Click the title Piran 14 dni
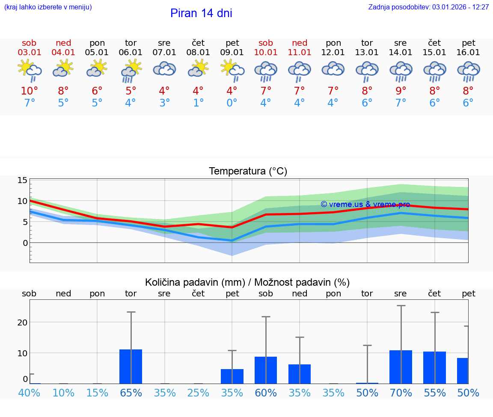coord(201,13)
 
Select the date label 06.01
coord(131,53)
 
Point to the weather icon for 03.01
coord(29,70)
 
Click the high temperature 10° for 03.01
coord(29,91)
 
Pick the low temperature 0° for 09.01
coord(232,103)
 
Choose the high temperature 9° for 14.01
coord(401,91)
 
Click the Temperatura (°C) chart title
coord(248,172)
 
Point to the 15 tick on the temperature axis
coord(22,180)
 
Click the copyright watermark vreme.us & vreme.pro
coord(365,204)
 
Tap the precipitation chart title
coord(247,282)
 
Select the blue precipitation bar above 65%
coord(131,367)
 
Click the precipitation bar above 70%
coord(401,367)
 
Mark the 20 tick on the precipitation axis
coord(22,322)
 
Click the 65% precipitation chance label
coord(131,393)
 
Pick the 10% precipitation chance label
coord(63,393)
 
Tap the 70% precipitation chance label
coord(401,393)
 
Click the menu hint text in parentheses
coord(48,7)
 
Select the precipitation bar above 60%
coord(266,370)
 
